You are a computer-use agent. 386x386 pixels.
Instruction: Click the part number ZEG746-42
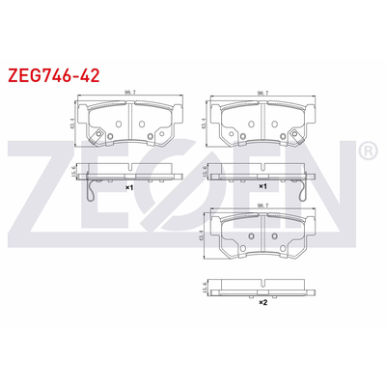tap(53, 72)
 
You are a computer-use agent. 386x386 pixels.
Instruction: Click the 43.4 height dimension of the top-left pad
tap(74, 124)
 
